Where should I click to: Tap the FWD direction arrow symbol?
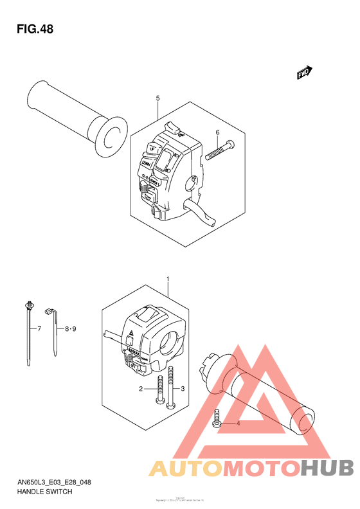pos(304,74)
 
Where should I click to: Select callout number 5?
pos(157,98)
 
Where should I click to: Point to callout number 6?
pos(217,133)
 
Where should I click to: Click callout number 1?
pos(168,280)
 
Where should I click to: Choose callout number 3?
pos(183,389)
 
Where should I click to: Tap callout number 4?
pos(238,424)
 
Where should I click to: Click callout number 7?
pos(39,329)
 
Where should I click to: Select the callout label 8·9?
pos(70,329)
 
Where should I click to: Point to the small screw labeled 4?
pos(217,421)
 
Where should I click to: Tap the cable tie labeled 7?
pos(30,328)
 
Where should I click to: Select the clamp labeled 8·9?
pos(54,331)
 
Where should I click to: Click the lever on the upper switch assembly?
pos(200,213)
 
